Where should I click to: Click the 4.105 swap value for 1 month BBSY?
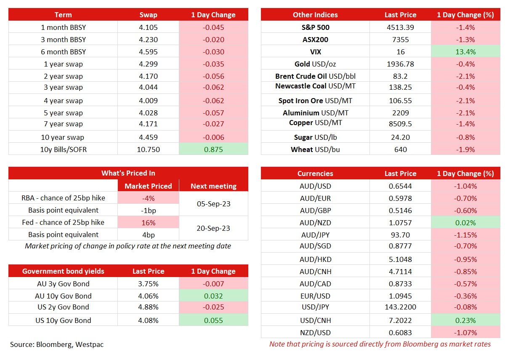(x=148, y=27)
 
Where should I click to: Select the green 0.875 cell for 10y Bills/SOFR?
(x=213, y=149)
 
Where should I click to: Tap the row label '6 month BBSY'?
(x=63, y=52)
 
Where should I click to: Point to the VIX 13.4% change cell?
(x=465, y=52)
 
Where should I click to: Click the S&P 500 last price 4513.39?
(x=400, y=27)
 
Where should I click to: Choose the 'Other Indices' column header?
(x=315, y=15)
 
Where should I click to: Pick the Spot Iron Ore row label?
(x=315, y=101)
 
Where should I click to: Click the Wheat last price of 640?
(x=400, y=149)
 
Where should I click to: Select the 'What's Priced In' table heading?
(x=128, y=173)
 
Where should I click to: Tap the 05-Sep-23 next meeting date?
(x=213, y=204)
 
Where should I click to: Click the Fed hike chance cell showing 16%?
(x=148, y=222)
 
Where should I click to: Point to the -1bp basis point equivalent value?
(x=148, y=211)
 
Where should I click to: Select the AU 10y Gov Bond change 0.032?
(x=213, y=296)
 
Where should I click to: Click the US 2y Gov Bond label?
(x=63, y=307)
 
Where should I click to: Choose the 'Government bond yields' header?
(x=63, y=271)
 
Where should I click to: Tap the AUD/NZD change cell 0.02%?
(x=465, y=222)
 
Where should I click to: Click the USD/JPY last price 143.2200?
(x=400, y=307)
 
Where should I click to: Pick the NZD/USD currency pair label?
(x=315, y=333)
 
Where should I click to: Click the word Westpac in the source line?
(x=89, y=344)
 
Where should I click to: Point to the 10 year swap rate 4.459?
(x=148, y=137)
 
